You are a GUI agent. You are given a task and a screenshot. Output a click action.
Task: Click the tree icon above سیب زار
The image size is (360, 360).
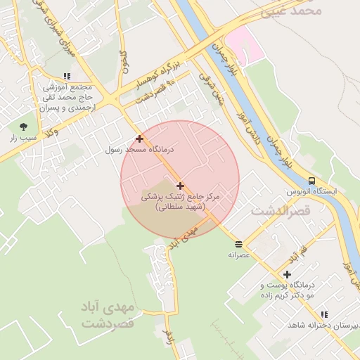23,127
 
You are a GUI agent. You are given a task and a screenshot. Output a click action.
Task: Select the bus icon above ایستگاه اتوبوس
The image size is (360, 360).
311,180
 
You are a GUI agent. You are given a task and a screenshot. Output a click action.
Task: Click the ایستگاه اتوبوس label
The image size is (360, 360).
311,191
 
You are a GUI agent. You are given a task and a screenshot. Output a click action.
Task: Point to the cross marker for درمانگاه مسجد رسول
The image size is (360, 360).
139,139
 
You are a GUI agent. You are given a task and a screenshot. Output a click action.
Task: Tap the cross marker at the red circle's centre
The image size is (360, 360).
181,186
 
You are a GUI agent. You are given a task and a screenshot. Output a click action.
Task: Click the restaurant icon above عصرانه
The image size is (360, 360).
239,244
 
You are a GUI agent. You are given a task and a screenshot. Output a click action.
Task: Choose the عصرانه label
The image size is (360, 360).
239,255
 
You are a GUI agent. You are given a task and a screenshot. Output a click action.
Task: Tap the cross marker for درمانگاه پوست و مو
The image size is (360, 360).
287,274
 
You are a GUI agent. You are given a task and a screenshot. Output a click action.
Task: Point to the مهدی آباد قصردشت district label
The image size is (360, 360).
107,316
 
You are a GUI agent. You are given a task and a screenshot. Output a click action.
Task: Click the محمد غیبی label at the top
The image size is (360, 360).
291,10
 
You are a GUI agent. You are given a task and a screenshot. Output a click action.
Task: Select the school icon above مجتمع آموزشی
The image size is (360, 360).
67,76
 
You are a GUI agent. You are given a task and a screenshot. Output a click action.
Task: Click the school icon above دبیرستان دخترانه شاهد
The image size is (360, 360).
323,314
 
